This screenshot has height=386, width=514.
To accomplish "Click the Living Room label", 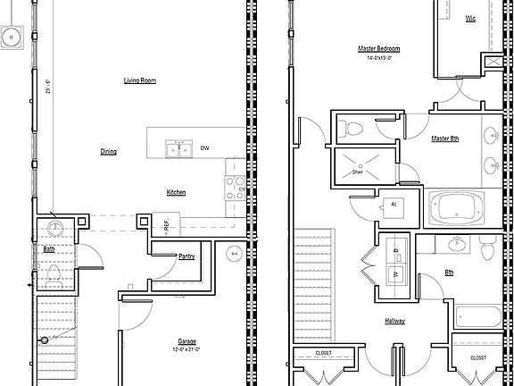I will tap(140, 80).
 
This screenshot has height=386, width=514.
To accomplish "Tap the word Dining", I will tap(109, 152).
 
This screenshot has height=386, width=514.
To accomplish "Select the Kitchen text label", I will tap(176, 193).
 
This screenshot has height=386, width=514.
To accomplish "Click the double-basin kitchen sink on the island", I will tap(178, 149).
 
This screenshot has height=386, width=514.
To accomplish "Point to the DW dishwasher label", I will tap(204, 148).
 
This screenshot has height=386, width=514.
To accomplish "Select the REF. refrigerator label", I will tap(166, 223).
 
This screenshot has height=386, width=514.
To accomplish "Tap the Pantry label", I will tap(187, 256).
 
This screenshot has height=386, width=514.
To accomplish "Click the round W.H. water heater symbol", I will tap(233, 254).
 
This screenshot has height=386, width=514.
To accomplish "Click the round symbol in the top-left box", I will tap(12, 37).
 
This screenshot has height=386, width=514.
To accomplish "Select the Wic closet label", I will tap(469, 17).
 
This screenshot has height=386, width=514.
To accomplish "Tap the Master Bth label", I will tap(444, 139).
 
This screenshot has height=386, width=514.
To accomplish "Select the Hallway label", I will tap(394, 321).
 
